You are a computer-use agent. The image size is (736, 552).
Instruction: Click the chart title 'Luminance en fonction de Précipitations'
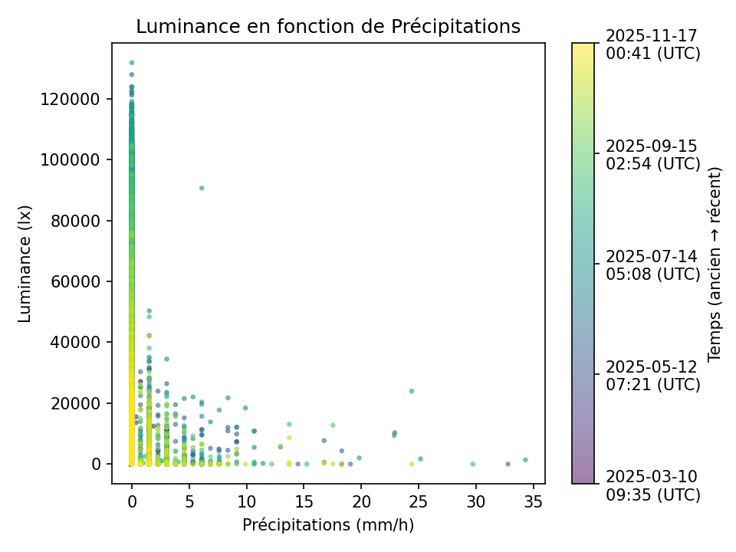coord(328,27)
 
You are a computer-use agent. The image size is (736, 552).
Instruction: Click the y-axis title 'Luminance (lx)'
coord(25,264)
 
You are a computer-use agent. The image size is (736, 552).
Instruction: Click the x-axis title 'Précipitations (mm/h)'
coord(328,525)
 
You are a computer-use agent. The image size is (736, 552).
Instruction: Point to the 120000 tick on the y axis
coord(77,99)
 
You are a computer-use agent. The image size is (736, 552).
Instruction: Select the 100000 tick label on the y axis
coord(77,159)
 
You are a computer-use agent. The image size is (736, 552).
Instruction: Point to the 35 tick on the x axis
coord(534,501)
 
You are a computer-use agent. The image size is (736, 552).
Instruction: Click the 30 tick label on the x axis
coord(476,501)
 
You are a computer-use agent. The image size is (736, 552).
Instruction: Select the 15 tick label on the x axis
coord(304,501)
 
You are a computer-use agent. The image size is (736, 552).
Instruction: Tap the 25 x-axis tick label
coord(419,501)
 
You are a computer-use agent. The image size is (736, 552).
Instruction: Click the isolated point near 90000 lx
coord(202,188)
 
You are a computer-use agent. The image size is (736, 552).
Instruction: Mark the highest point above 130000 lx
coord(132,63)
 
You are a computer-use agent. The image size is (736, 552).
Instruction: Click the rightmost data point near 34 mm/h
coord(525,460)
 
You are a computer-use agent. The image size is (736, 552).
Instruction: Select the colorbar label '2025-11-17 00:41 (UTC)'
coord(652,44)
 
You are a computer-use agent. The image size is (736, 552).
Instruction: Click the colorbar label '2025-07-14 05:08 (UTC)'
coord(652,264)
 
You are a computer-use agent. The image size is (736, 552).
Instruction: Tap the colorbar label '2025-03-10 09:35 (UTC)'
coord(652,485)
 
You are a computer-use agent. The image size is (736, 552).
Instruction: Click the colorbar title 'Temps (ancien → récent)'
coord(715,264)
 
